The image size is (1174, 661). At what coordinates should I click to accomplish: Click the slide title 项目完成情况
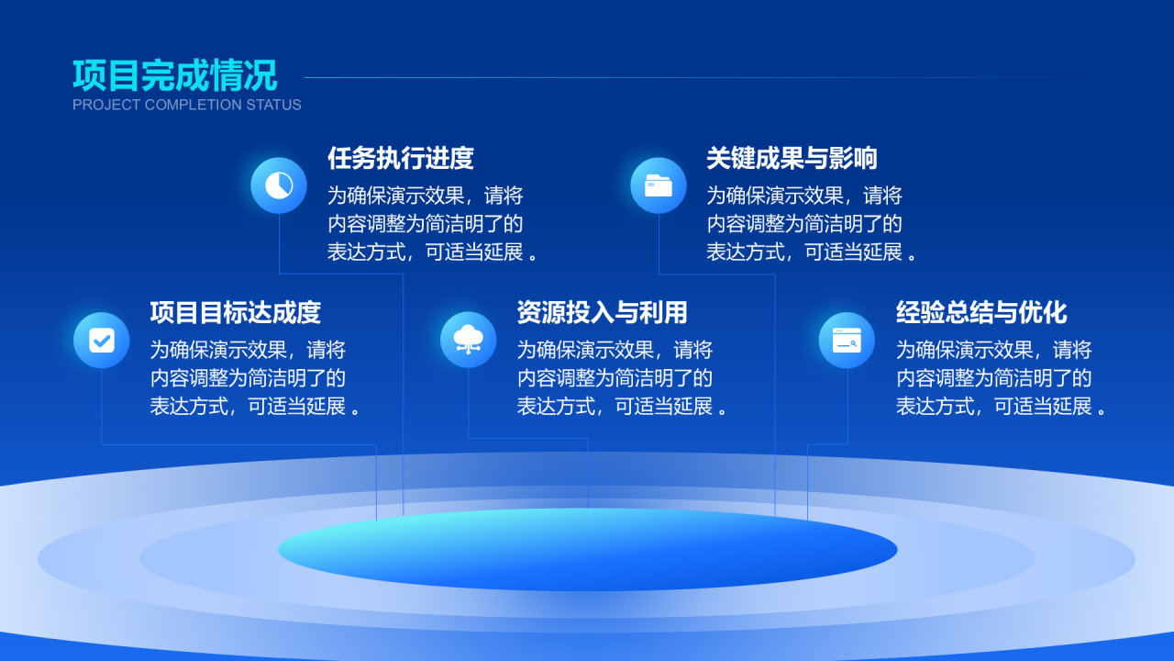click(174, 75)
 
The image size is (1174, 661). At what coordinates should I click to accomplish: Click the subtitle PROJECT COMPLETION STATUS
click(186, 105)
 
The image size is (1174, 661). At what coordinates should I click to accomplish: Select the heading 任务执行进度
click(401, 158)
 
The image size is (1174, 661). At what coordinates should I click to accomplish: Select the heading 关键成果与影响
click(792, 158)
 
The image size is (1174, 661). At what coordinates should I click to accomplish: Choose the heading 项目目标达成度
click(236, 313)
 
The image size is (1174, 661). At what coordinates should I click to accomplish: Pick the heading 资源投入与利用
click(603, 313)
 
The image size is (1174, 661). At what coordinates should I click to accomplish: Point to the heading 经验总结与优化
click(981, 313)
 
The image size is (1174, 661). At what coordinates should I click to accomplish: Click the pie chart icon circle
click(279, 185)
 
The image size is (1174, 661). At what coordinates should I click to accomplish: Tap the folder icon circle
click(659, 185)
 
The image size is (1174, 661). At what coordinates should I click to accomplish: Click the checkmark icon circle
click(102, 341)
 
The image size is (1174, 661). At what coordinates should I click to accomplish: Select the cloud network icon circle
click(468, 340)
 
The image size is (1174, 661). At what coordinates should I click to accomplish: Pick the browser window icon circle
click(847, 341)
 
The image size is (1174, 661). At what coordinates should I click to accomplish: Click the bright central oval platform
click(588, 549)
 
